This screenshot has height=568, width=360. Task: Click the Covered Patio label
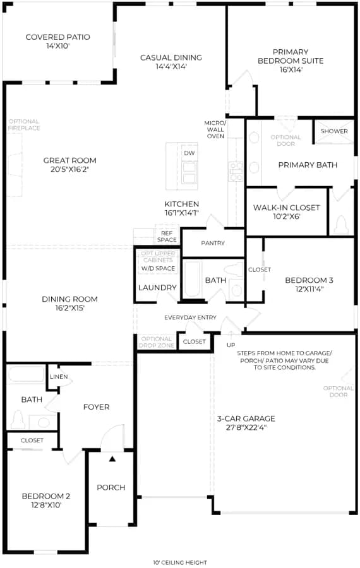pos(57,37)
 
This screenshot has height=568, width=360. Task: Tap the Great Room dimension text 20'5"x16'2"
pos(70,170)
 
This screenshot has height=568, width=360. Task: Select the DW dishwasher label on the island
pos(189,153)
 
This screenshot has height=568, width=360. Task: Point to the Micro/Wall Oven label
pos(215,129)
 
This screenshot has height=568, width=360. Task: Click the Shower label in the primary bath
pos(334,131)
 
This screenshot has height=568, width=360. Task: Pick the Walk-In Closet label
pos(286,208)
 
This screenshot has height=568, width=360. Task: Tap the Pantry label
pos(213,243)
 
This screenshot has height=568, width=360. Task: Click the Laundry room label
pos(157,288)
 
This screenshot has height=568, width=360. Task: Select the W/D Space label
pos(158,268)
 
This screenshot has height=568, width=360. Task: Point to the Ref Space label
pos(167,237)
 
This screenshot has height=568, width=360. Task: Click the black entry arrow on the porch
pos(112,459)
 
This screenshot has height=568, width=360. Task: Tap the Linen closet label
pos(59,377)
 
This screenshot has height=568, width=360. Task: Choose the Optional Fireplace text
pos(24,124)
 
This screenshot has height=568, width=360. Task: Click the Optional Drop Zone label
pos(156,342)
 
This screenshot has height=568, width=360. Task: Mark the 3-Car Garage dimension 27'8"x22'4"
pos(246,427)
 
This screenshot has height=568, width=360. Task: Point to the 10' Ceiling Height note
pos(180,562)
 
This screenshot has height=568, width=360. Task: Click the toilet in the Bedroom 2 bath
pos(18,420)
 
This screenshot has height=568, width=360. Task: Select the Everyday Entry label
pos(190,317)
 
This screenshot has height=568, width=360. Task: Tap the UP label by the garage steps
pos(231,345)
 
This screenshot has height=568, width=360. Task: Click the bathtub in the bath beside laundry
pos(192,280)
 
